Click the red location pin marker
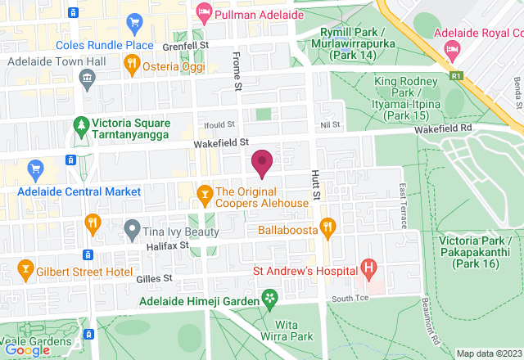(262, 162)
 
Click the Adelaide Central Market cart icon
(34, 170)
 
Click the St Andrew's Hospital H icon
(369, 267)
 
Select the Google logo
(26, 349)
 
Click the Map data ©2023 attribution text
(488, 353)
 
